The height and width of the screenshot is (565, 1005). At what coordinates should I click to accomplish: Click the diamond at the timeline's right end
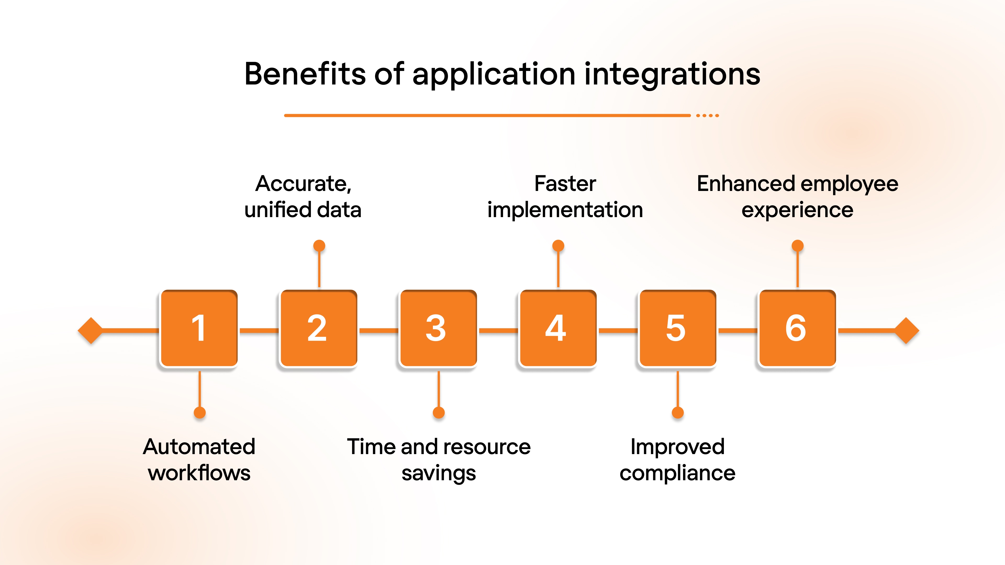click(x=906, y=331)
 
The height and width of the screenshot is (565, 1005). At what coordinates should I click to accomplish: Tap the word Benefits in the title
click(x=305, y=74)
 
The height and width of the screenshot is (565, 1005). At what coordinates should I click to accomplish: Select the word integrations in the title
click(x=672, y=75)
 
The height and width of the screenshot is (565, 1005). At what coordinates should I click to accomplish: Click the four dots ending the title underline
click(x=707, y=115)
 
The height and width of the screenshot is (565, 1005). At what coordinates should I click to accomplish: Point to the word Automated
click(x=199, y=447)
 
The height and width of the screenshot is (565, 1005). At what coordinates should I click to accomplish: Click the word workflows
click(x=199, y=473)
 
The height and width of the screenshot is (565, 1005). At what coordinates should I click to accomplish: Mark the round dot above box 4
click(x=558, y=246)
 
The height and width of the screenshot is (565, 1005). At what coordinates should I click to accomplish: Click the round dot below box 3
click(x=439, y=413)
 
